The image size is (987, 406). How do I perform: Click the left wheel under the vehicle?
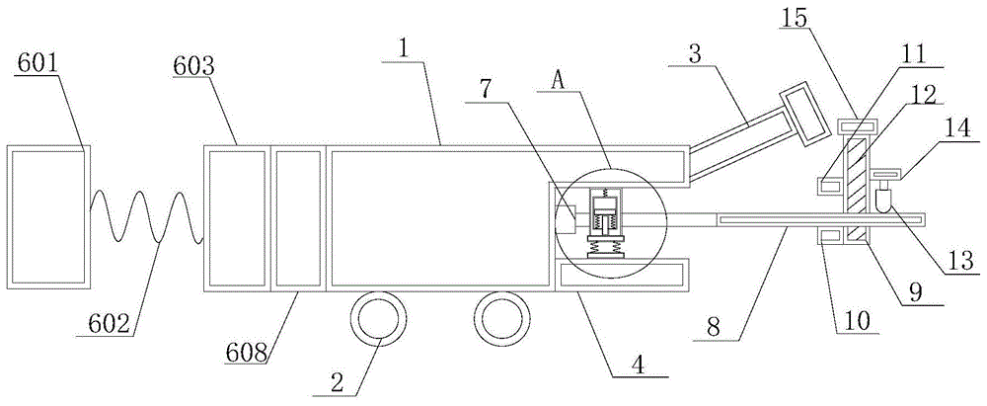tap(377, 318)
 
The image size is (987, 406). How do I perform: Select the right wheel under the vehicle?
tap(496, 318)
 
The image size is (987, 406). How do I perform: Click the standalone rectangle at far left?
tap(48, 217)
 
